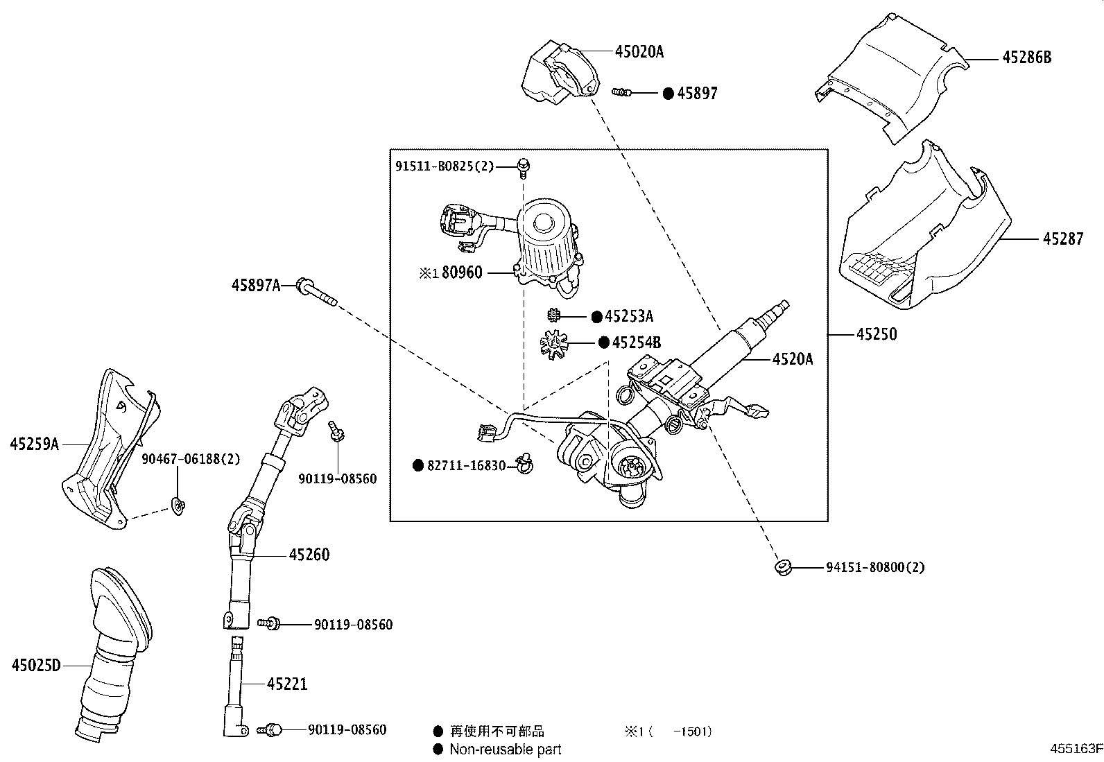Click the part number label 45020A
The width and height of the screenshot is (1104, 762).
click(x=639, y=51)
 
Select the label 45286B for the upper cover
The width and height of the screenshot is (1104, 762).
click(x=1026, y=58)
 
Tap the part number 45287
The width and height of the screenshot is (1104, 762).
click(x=1062, y=239)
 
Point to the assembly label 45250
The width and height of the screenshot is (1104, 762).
click(x=877, y=334)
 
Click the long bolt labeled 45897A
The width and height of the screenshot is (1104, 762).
click(x=316, y=293)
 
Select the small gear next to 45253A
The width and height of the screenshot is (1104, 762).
click(x=553, y=315)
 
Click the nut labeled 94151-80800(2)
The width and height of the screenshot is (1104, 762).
click(x=782, y=567)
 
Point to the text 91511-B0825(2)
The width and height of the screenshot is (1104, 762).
click(x=445, y=166)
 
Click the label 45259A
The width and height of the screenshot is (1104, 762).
click(x=34, y=444)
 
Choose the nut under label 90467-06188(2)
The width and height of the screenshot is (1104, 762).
click(x=179, y=508)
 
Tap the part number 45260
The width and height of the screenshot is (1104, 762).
click(x=309, y=555)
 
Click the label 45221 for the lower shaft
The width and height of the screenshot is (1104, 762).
click(x=287, y=684)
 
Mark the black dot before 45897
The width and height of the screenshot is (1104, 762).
click(x=668, y=94)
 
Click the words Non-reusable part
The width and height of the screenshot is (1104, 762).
click(x=506, y=750)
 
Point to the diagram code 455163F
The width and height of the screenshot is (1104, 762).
click(x=1075, y=749)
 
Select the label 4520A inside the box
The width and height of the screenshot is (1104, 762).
click(x=793, y=358)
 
